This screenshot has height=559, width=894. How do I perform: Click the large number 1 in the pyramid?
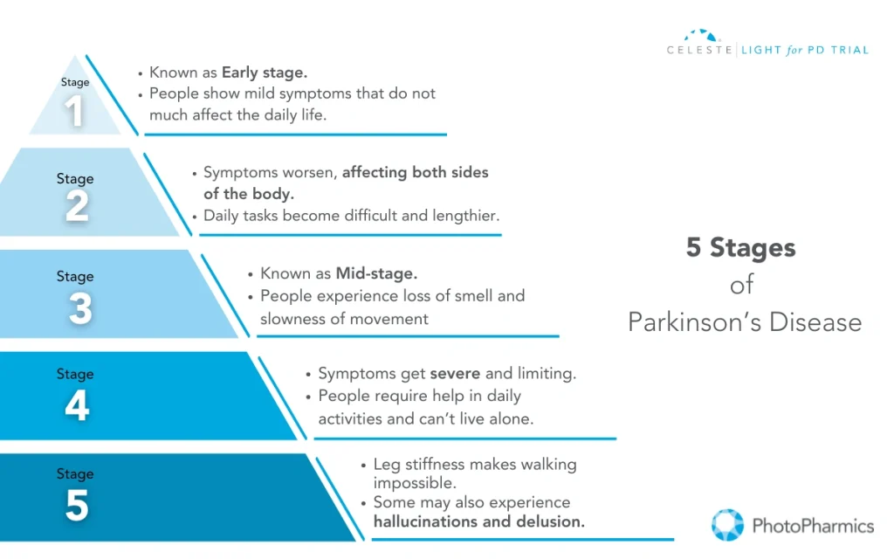(x=75, y=111)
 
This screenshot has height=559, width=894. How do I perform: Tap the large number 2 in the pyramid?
(x=76, y=206)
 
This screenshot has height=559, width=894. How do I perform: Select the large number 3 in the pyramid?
(x=79, y=307)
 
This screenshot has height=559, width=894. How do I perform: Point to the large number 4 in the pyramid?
(x=77, y=406)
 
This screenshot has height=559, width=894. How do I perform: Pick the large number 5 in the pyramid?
(x=77, y=506)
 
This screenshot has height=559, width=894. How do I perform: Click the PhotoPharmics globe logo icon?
(x=727, y=525)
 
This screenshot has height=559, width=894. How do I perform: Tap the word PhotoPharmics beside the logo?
(x=812, y=526)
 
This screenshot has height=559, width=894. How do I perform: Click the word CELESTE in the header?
(x=701, y=51)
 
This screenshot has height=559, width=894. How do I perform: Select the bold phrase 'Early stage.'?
(x=264, y=72)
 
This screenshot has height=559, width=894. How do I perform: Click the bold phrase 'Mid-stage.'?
(x=376, y=274)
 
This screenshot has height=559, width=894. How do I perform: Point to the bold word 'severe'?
(x=455, y=374)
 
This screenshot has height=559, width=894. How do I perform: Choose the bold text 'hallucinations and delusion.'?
(x=478, y=522)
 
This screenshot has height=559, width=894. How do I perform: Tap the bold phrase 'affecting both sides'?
(x=415, y=173)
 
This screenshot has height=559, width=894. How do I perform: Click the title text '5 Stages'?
(x=740, y=248)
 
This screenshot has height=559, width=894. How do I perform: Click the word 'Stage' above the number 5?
(x=75, y=474)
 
